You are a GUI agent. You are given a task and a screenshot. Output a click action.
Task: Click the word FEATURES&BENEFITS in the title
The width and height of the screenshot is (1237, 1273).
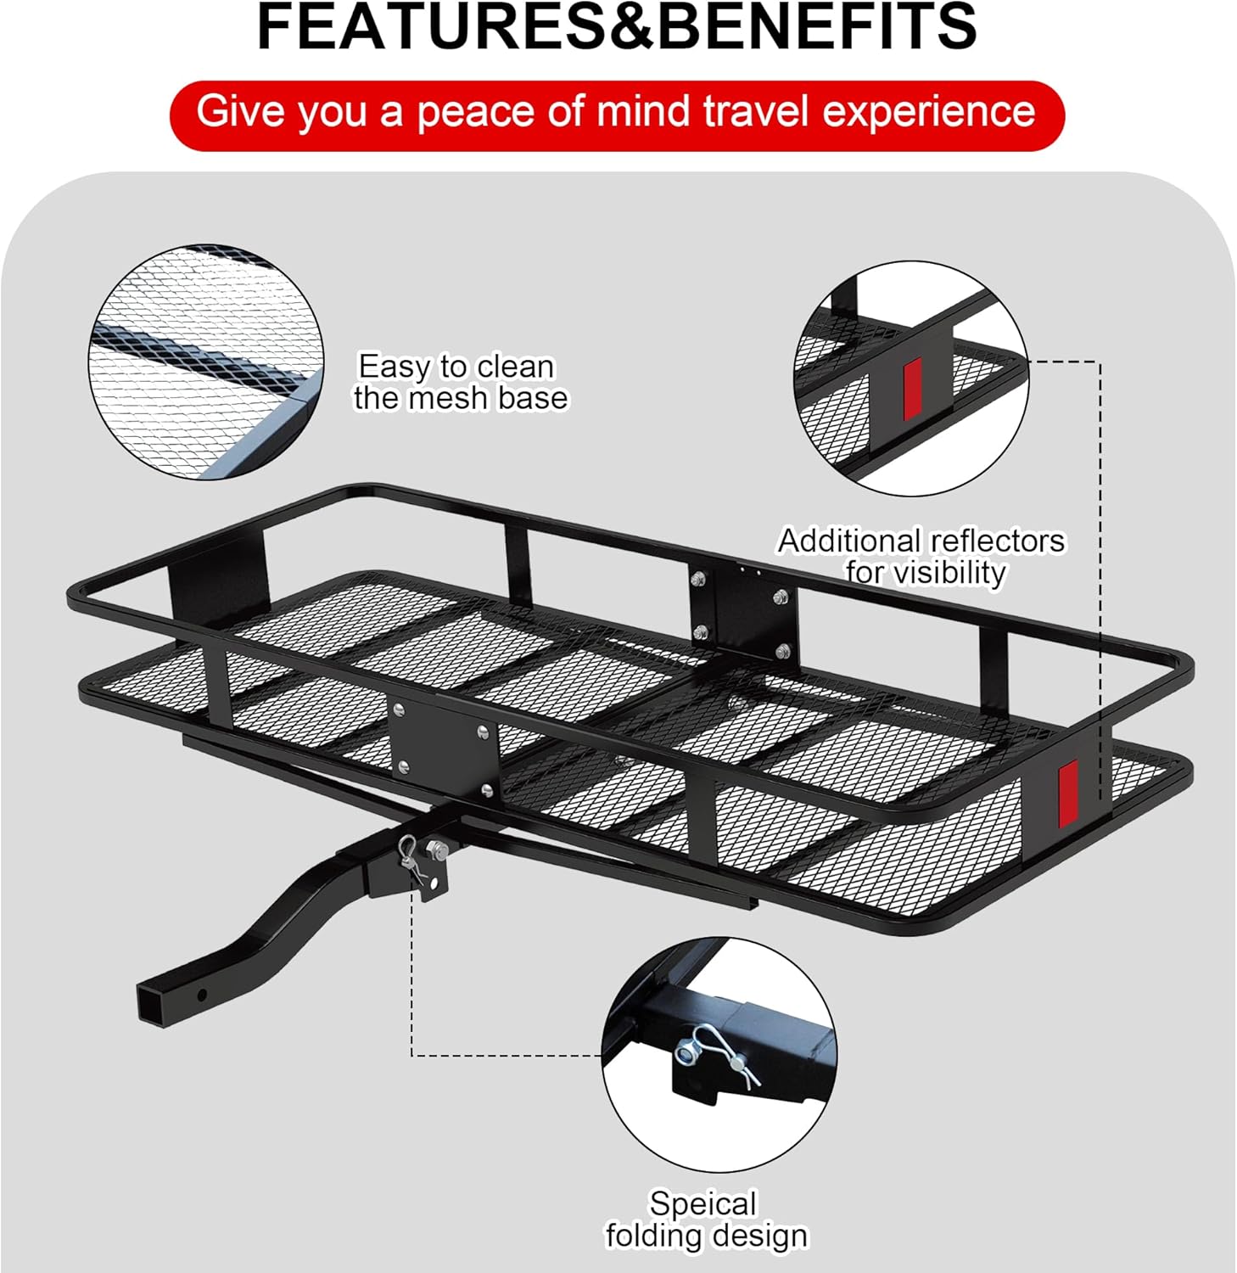[x=617, y=27]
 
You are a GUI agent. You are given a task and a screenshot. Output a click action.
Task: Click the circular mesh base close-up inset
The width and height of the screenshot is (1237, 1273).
[x=206, y=362]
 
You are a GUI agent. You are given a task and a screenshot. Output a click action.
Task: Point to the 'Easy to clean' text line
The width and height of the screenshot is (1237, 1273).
[x=456, y=367]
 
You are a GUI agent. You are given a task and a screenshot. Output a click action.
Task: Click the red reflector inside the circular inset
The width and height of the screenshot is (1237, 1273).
[x=912, y=390]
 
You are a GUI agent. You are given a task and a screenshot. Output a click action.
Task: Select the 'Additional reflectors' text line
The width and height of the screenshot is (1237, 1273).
[x=921, y=541]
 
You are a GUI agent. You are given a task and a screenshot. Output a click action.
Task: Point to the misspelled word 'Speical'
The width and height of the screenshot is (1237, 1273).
[x=702, y=1203]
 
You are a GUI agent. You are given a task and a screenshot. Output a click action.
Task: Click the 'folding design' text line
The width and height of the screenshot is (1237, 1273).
[x=706, y=1236]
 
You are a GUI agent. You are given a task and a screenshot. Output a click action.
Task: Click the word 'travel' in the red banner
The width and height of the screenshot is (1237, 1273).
[x=758, y=112]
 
